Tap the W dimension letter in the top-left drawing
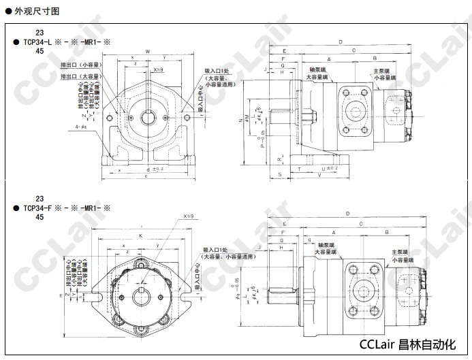click(147, 52)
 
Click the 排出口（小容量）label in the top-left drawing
click(80, 66)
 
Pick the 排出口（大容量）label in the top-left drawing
click(80, 76)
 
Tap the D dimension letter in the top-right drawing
click(340, 42)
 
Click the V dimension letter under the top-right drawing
click(319, 174)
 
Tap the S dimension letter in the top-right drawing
click(281, 174)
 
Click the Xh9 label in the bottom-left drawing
click(189, 217)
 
